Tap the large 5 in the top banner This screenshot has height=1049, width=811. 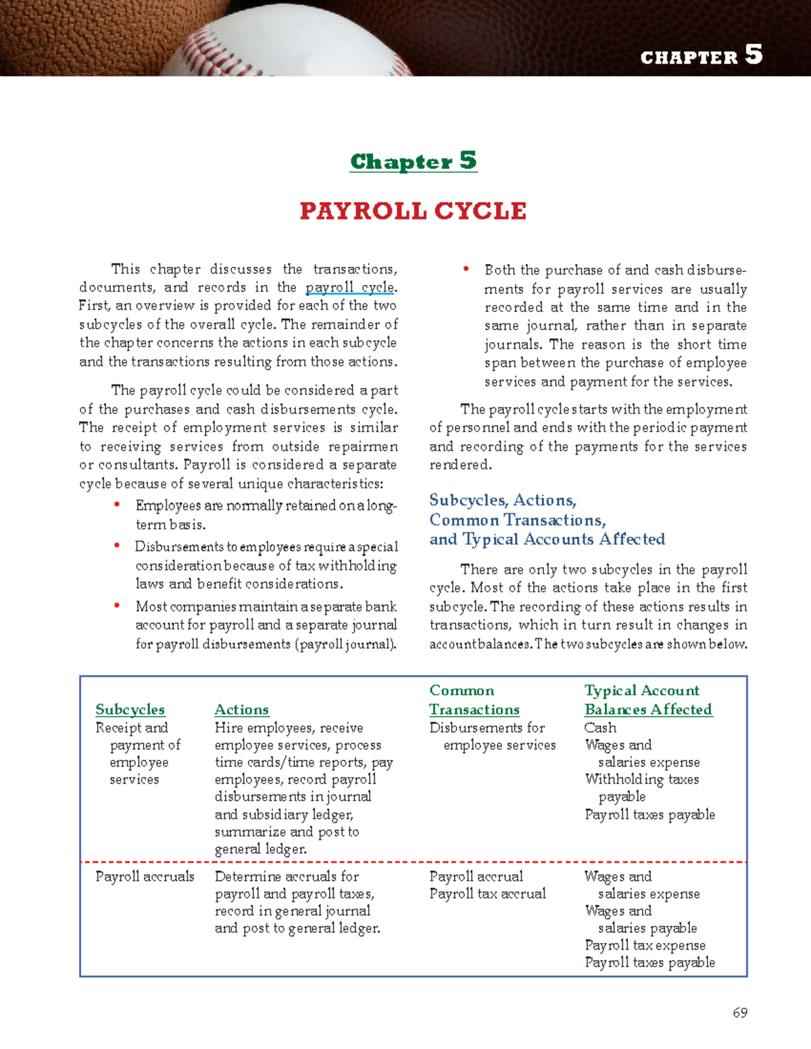point(754,54)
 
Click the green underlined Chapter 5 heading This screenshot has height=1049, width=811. point(413,161)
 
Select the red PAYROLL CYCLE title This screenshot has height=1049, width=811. point(413,211)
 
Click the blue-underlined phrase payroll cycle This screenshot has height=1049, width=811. point(349,287)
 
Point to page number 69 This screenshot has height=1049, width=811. point(740,1013)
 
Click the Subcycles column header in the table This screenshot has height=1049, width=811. point(130,709)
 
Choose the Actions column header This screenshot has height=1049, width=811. point(241,709)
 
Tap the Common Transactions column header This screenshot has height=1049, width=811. point(474,700)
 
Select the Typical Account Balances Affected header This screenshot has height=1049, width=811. point(648,700)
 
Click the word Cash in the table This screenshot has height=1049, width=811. point(600,727)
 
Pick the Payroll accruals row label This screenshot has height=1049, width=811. point(145,876)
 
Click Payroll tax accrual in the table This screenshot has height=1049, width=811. point(487,894)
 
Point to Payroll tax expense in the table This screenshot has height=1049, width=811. point(645,945)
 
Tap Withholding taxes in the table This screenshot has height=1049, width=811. point(641,779)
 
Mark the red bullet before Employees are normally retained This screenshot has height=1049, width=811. point(118,504)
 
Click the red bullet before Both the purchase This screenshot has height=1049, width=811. point(466,269)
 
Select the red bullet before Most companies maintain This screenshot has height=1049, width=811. point(118,605)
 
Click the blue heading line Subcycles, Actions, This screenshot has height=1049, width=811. point(503,501)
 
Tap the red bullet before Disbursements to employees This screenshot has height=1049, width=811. point(118,545)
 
